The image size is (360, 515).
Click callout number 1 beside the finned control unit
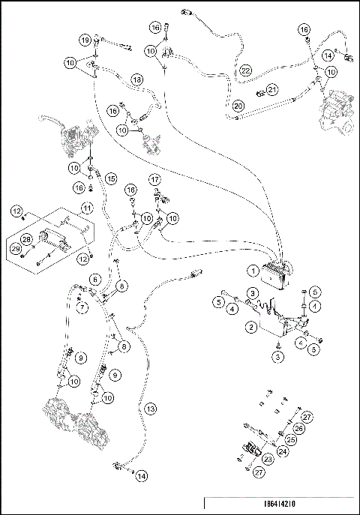254,271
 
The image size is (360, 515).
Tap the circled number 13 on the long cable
150,409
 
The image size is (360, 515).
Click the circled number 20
238,106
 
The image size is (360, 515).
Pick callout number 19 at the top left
85,39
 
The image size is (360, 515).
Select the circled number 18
137,79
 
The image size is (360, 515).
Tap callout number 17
154,180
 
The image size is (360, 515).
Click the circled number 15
109,179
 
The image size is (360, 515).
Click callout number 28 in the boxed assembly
26,239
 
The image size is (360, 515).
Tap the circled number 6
94,278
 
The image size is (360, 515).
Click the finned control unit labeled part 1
282,274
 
